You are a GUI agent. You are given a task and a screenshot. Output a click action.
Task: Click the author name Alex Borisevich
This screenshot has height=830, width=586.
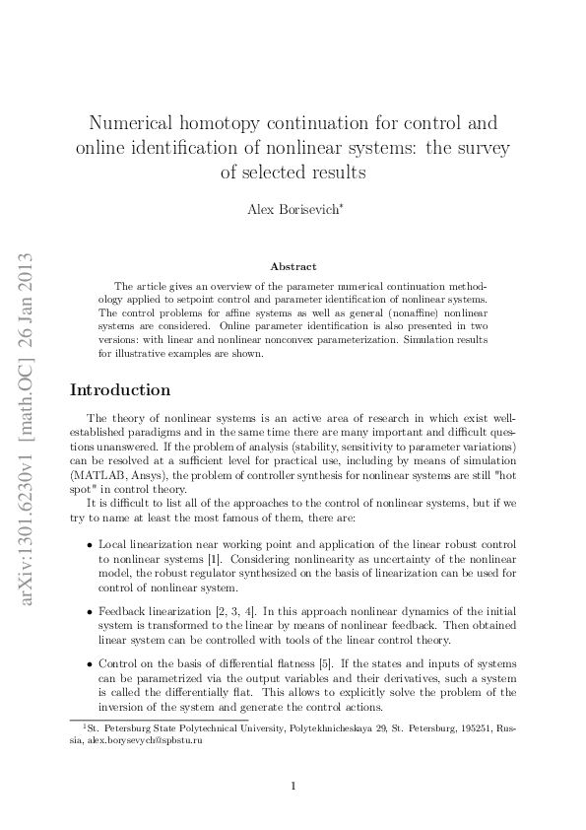[x=293, y=210]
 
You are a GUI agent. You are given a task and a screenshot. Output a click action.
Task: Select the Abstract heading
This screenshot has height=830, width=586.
[x=293, y=266]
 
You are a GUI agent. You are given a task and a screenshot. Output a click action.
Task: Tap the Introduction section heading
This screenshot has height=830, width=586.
[x=119, y=390]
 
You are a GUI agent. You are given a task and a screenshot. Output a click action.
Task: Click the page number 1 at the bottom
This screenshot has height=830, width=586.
[x=293, y=786]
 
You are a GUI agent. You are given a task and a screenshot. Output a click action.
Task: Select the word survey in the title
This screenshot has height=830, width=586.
[x=480, y=149]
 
